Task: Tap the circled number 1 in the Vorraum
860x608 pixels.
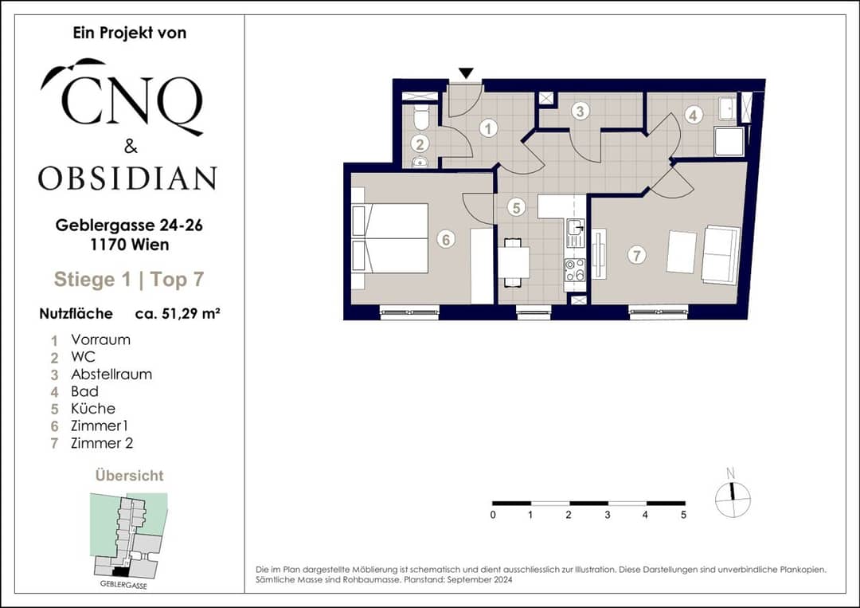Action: tap(488, 129)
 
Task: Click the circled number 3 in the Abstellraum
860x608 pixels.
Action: tap(580, 112)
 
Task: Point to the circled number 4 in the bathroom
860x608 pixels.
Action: tap(694, 116)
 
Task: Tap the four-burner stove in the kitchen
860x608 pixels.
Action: tap(575, 270)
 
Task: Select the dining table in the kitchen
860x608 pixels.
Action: tap(514, 263)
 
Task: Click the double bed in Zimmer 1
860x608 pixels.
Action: tap(389, 238)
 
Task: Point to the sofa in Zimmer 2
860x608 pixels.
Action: tap(721, 255)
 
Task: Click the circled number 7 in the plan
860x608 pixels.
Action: tap(636, 255)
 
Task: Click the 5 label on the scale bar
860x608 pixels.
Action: tap(683, 515)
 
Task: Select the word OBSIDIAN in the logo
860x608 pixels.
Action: tap(127, 178)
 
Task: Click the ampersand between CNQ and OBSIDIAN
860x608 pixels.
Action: tap(131, 147)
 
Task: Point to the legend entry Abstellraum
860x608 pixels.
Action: tap(111, 375)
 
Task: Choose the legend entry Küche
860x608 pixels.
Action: tap(93, 408)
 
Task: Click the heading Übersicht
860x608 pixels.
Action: tap(130, 475)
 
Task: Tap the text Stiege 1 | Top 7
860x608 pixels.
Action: tap(129, 280)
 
